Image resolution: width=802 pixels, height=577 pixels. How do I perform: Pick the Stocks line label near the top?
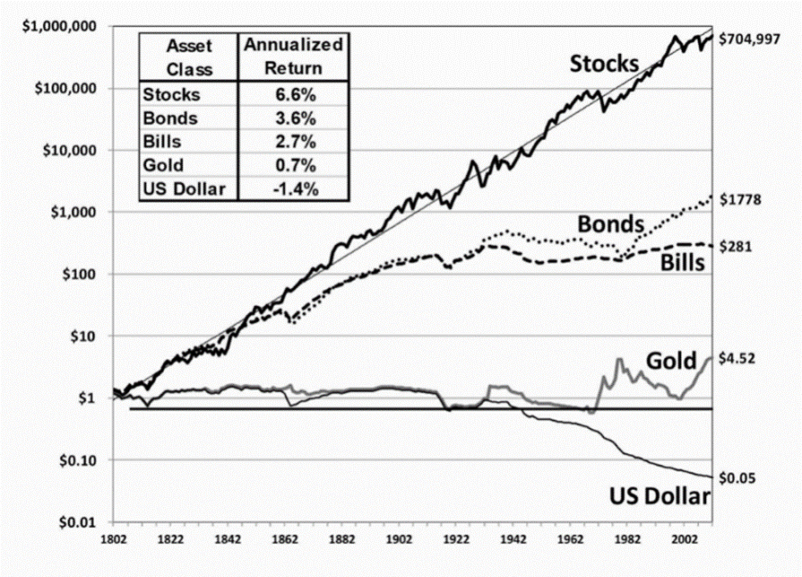pos(605,64)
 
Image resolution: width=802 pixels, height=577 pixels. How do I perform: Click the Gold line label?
pos(671,362)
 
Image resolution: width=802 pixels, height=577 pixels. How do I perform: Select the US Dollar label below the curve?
pos(660,497)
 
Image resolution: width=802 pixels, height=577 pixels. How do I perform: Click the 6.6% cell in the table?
pos(291,92)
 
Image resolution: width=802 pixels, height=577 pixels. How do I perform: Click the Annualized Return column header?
pos(291,56)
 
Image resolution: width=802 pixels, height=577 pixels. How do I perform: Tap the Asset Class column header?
pos(187,56)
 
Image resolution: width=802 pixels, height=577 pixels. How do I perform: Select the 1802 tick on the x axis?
pos(113,540)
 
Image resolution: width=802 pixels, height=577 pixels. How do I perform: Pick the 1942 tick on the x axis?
pos(513,540)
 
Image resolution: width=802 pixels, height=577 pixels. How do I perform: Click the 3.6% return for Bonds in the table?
pos(291,117)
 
